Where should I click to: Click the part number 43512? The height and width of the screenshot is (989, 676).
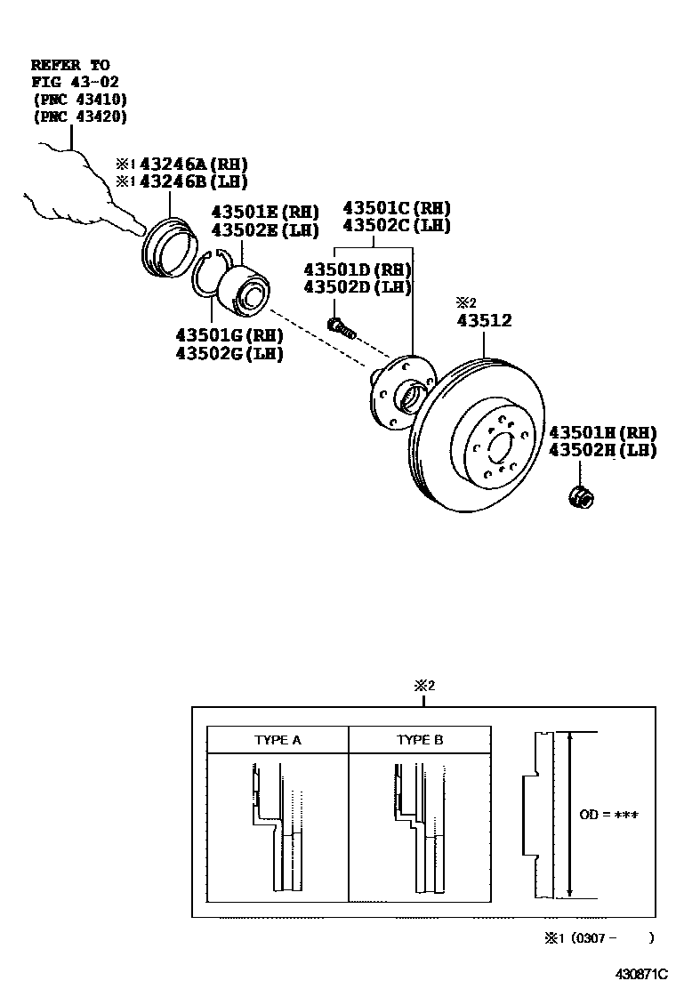484,321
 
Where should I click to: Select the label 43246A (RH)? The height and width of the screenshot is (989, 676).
189,165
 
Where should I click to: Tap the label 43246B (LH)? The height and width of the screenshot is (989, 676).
189,182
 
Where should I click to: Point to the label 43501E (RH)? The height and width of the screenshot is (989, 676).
264,212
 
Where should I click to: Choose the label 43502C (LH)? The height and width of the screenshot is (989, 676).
397,226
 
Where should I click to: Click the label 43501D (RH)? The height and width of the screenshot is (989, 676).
358,269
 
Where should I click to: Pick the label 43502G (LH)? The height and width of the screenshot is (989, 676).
229,353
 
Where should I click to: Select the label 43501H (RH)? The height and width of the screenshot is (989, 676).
602,432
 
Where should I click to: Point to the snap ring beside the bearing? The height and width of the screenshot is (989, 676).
210,275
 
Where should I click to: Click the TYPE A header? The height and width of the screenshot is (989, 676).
278,739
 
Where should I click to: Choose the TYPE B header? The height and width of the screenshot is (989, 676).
419,739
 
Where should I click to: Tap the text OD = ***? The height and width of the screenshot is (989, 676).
609,815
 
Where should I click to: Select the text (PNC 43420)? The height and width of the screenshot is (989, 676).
79,117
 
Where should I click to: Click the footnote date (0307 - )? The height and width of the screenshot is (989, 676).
600,937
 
